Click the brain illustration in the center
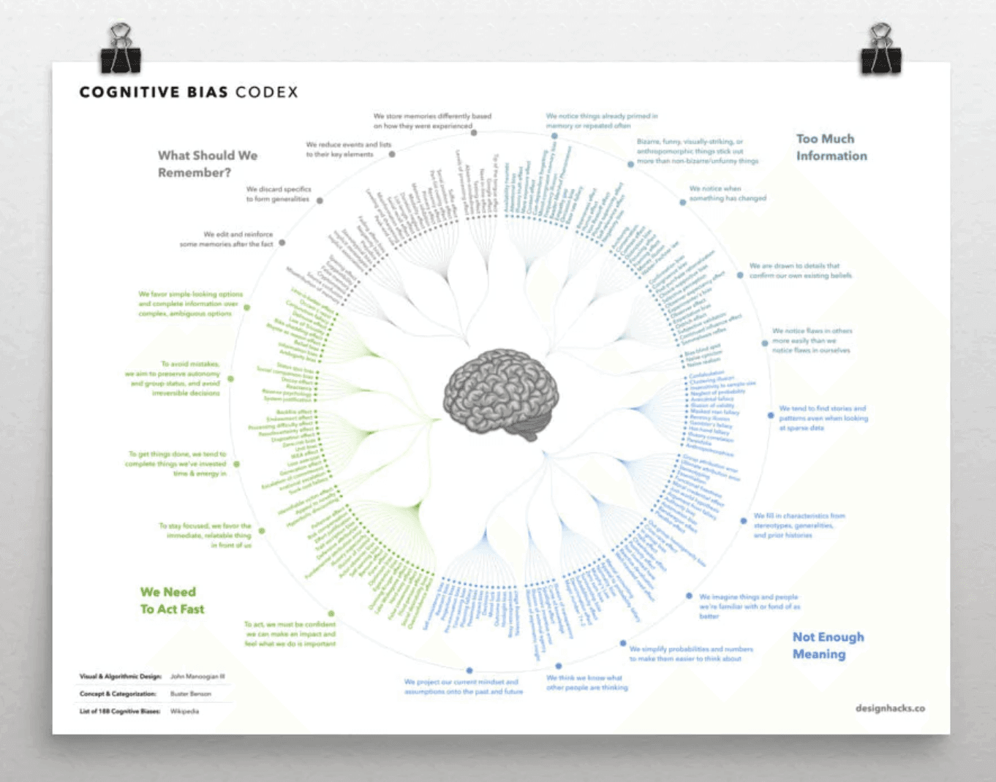(x=501, y=395)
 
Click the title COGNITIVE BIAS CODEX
(x=189, y=92)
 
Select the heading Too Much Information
(x=831, y=147)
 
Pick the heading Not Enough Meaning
(x=828, y=645)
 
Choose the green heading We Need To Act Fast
(x=172, y=600)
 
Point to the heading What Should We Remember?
(x=207, y=164)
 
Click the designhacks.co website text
(x=890, y=708)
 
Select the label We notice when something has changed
(x=728, y=193)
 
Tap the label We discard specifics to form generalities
(x=278, y=194)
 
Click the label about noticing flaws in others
(x=812, y=341)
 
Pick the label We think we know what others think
(x=586, y=682)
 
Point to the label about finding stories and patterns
(x=823, y=418)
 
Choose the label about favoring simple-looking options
(x=190, y=303)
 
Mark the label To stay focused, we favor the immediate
(x=205, y=535)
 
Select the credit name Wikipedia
(x=184, y=711)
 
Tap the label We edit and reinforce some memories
(x=227, y=239)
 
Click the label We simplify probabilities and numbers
(x=690, y=653)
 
